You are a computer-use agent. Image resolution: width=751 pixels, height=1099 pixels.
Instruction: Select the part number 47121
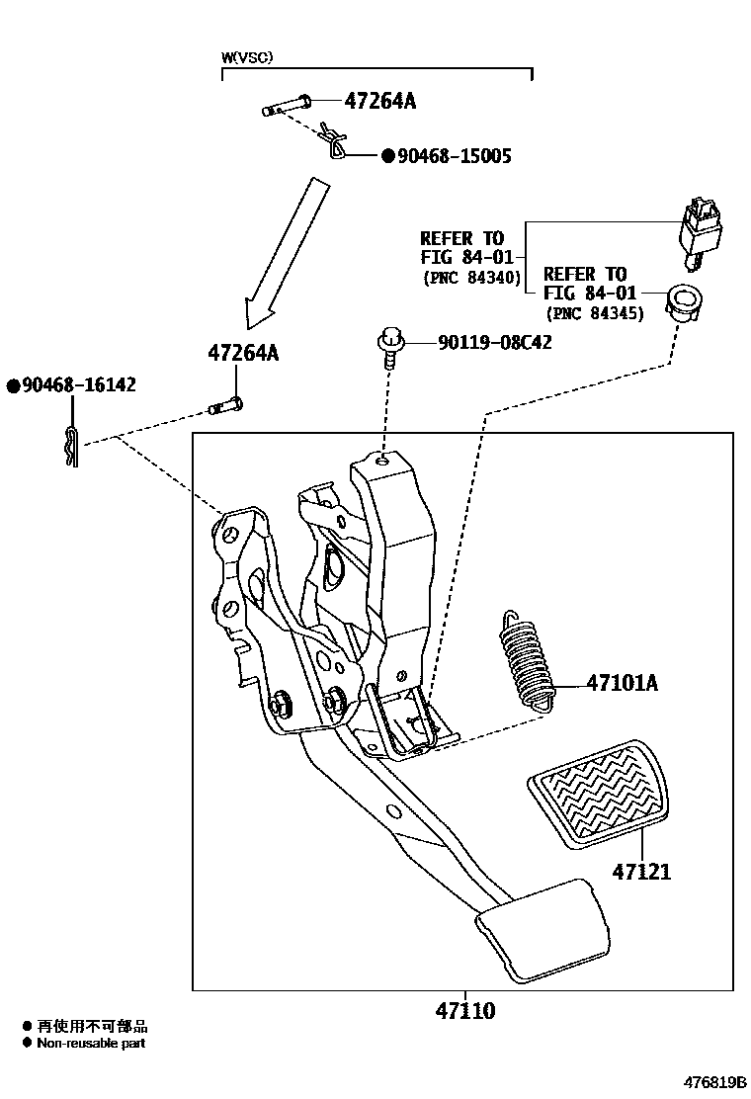click(641, 873)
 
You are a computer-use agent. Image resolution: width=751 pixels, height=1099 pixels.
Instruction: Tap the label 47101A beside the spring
click(622, 683)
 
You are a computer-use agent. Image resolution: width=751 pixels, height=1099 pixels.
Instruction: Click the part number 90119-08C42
click(495, 343)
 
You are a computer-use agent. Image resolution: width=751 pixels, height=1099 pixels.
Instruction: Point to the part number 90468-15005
click(453, 156)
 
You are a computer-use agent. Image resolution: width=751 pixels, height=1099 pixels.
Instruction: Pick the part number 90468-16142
click(71, 385)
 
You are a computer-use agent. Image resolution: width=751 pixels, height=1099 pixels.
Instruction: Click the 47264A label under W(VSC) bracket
click(380, 101)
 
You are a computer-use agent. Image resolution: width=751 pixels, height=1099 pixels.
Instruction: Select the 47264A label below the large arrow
click(243, 352)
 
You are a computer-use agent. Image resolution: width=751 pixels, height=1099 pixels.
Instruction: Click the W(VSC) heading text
click(247, 58)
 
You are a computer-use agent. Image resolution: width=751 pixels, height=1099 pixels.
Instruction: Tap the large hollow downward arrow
click(283, 253)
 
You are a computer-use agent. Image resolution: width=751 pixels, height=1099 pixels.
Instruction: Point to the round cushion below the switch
click(682, 298)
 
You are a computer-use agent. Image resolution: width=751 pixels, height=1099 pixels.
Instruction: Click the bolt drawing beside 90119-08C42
click(388, 349)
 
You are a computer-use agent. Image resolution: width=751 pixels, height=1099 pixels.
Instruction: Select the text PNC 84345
click(594, 313)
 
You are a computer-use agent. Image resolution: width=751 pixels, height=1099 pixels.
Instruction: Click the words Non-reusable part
click(91, 1043)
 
